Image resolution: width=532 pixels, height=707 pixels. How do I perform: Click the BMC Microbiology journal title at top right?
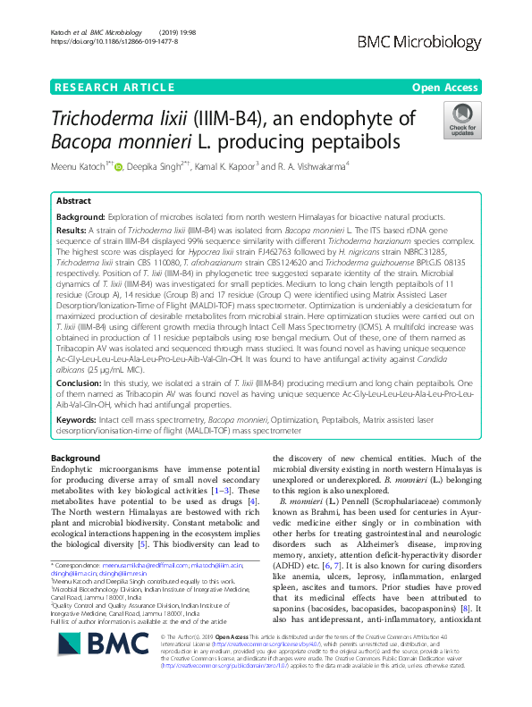(x=443, y=43)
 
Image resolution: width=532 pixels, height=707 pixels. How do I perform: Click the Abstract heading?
(x=74, y=202)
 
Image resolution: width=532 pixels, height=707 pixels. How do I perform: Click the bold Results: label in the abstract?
(x=72, y=230)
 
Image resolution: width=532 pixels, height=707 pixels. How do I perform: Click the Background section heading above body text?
(x=77, y=458)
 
